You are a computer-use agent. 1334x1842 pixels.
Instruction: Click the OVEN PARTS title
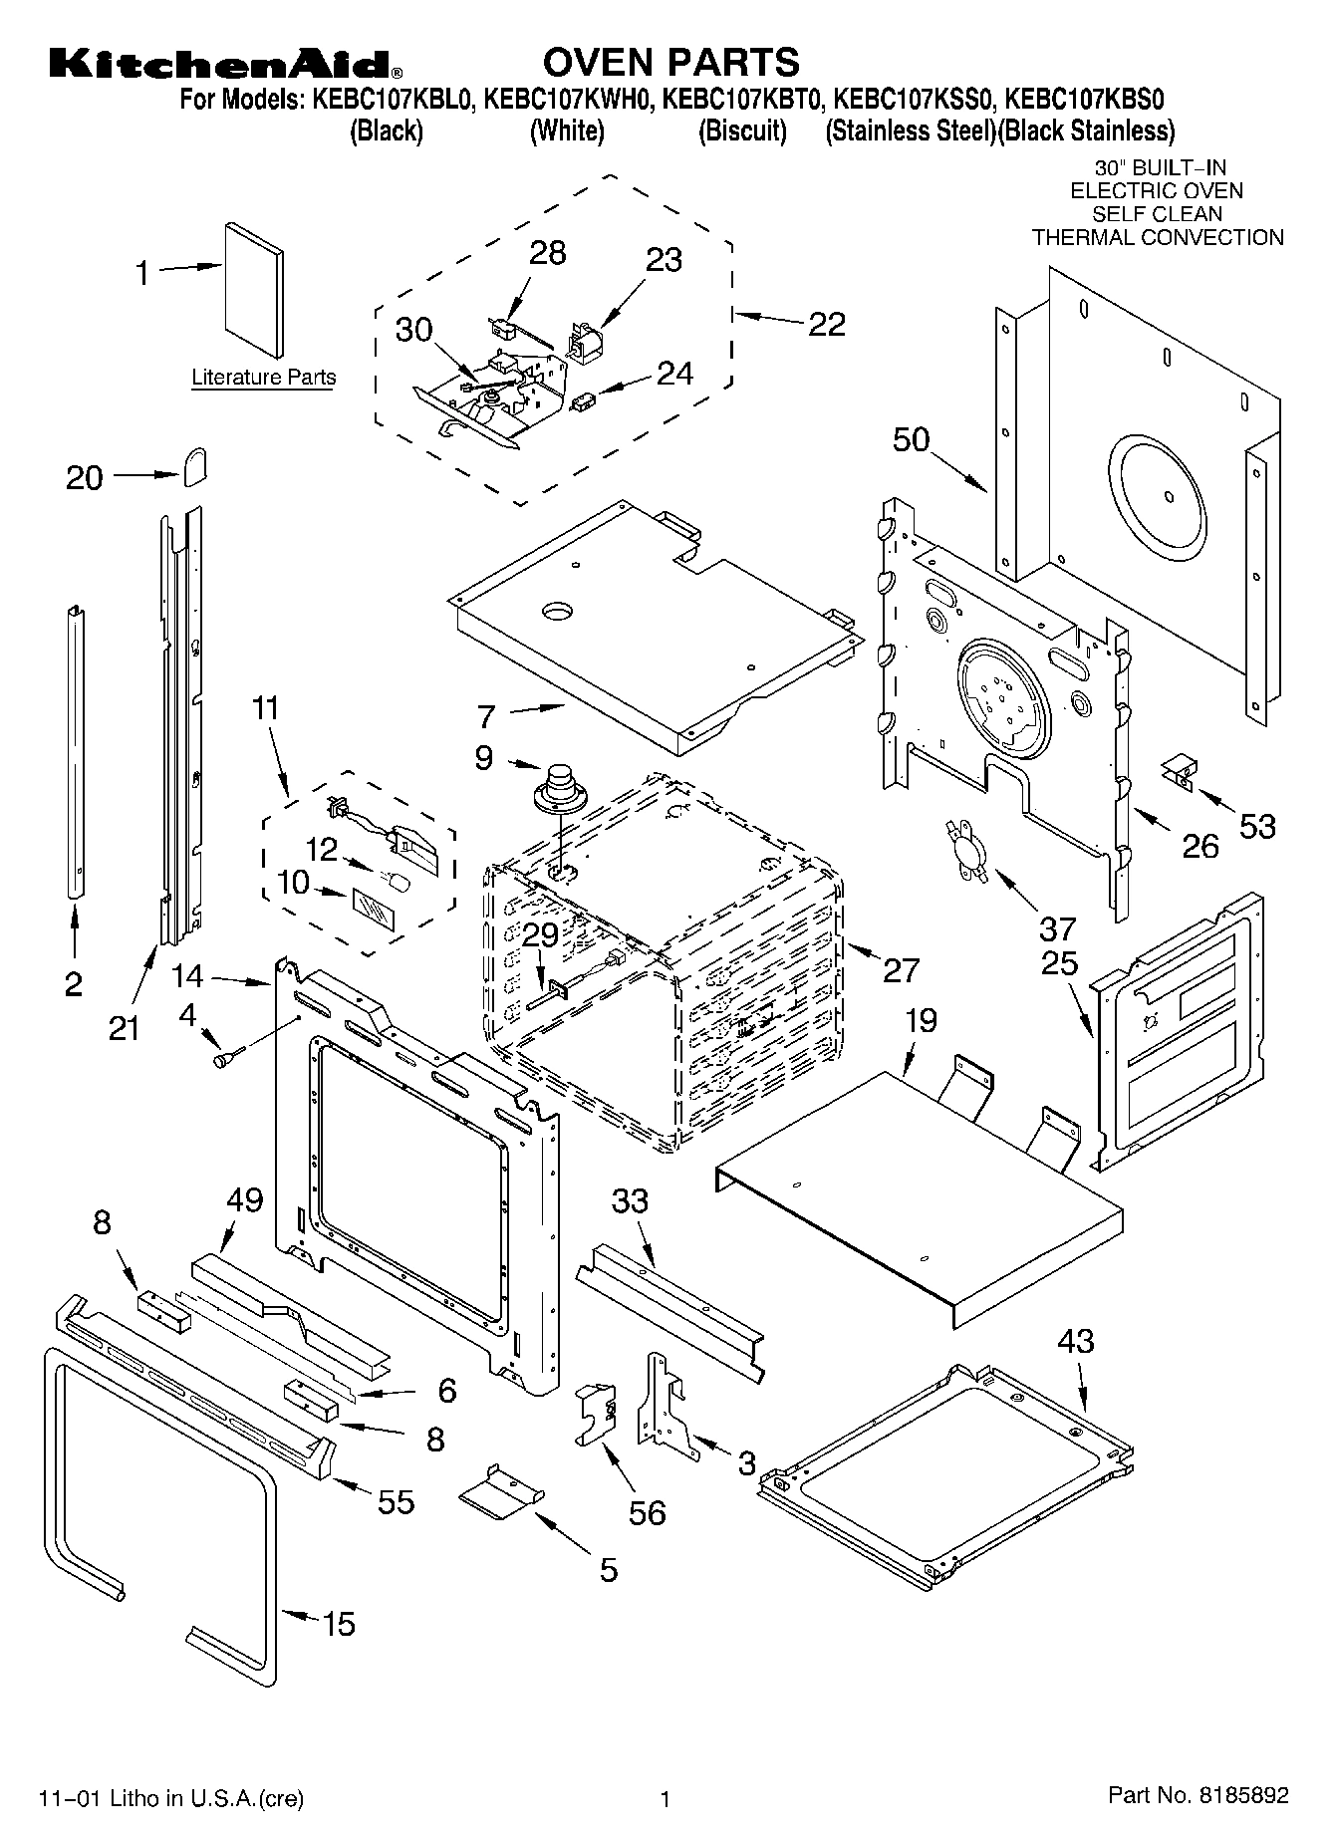669,62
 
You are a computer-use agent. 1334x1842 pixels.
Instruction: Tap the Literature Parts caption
263,378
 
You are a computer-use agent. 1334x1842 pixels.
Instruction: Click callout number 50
911,439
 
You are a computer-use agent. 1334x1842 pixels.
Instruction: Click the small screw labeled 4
221,1060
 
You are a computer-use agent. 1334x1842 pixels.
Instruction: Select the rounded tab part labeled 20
194,465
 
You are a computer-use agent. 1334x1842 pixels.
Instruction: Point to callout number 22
826,324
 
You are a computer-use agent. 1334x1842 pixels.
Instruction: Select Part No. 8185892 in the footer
1199,1795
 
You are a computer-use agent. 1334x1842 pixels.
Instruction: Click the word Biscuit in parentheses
742,132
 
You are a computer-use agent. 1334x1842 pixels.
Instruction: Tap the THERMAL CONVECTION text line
1157,238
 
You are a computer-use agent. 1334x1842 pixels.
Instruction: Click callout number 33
630,1200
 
